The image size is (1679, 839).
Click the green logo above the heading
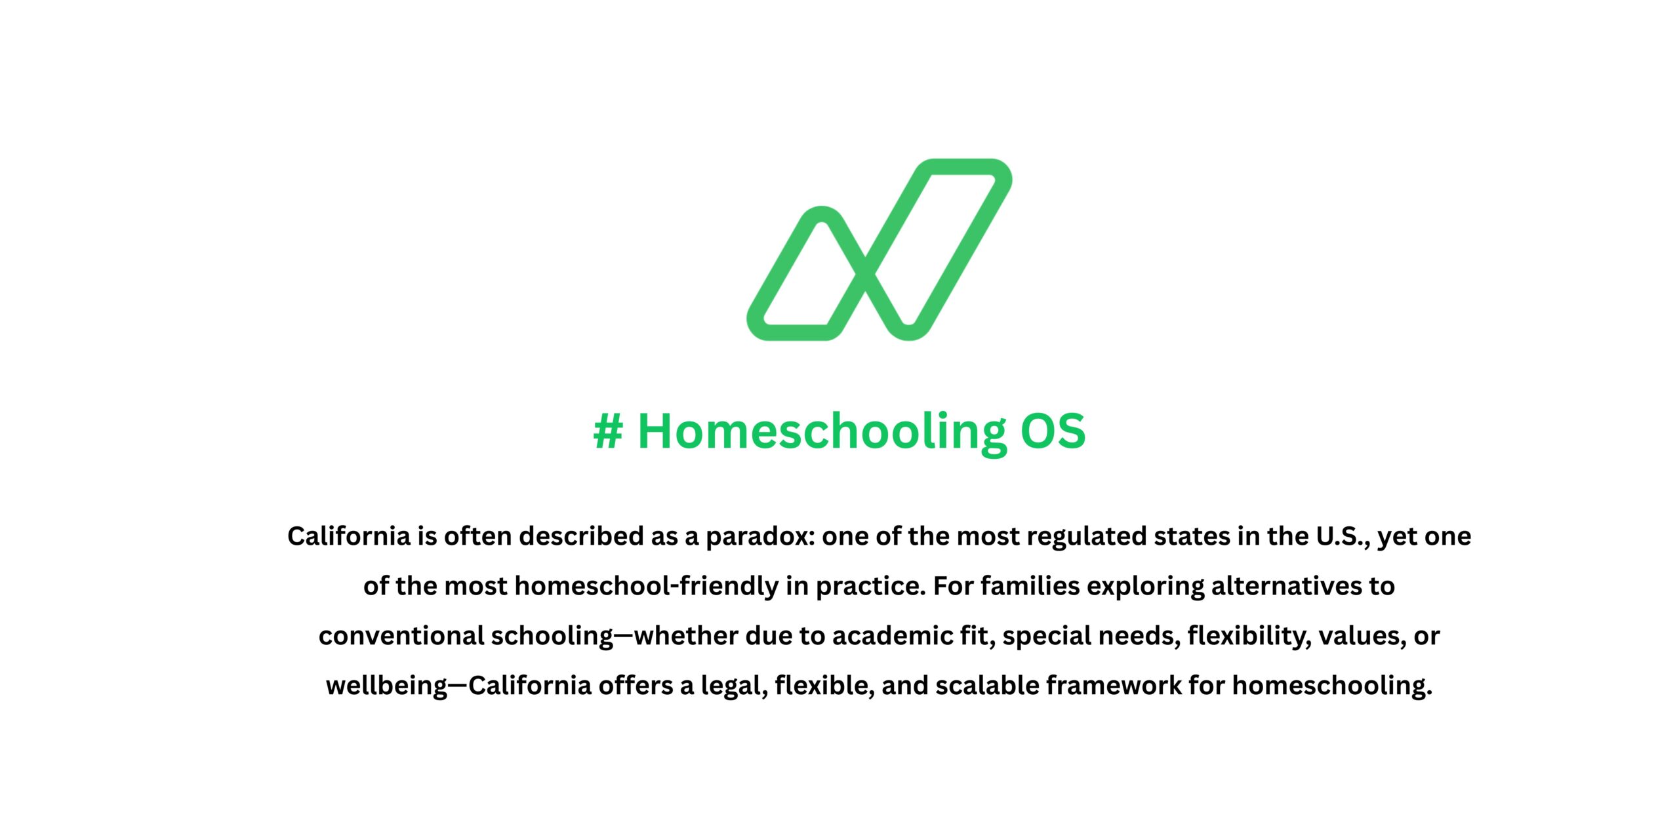click(x=879, y=249)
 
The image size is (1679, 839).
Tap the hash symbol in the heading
click(x=607, y=432)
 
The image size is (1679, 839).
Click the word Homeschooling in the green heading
click(x=822, y=432)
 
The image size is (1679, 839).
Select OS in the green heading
click(x=1053, y=432)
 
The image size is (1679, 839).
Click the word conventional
click(x=401, y=636)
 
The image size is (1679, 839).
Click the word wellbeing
click(x=387, y=686)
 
